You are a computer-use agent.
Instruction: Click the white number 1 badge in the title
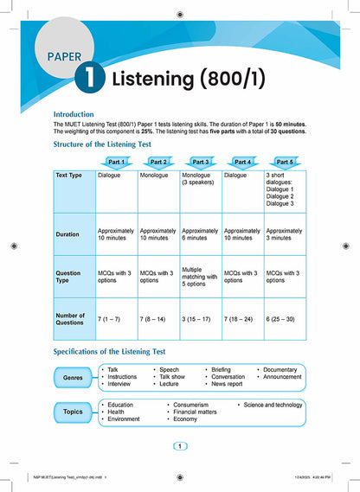89,80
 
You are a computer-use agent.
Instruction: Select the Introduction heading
80,113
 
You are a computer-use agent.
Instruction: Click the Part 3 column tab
201,162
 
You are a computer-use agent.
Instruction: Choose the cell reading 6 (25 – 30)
286,320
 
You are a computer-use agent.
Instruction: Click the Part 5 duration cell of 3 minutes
286,234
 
